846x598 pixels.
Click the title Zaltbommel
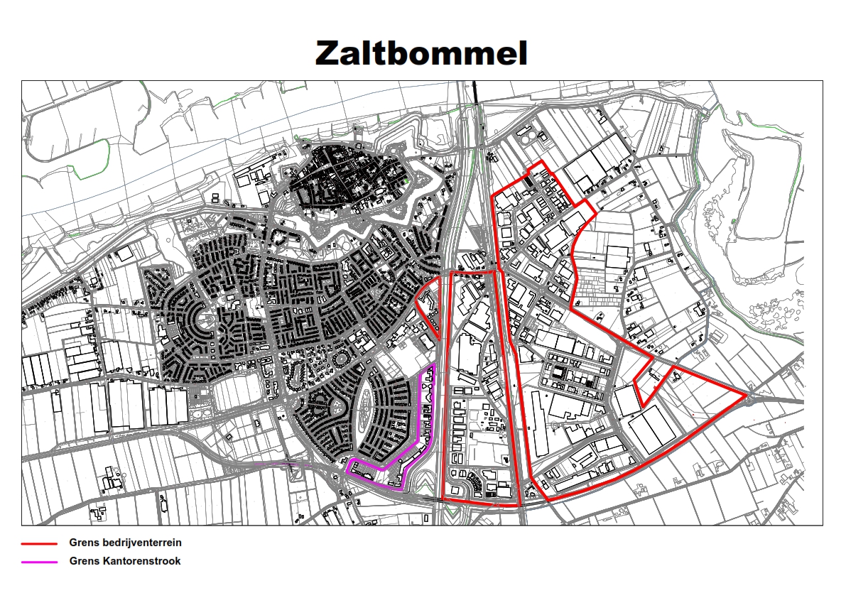pos(421,52)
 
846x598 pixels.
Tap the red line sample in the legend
pos(39,543)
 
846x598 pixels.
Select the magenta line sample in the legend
pos(39,562)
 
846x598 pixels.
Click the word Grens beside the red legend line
pos(82,543)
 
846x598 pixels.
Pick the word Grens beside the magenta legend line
pos(82,561)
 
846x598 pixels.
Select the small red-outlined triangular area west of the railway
pos(429,305)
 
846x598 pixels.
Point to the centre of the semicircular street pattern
pos(205,323)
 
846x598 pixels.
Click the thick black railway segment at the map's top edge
pos(474,92)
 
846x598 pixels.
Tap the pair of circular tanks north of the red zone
pos(528,136)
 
